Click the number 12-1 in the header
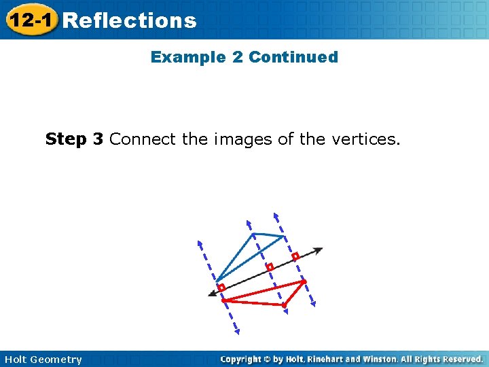(31, 20)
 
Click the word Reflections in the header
(129, 20)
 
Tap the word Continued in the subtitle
(293, 57)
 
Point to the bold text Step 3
(75, 139)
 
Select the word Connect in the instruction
(142, 139)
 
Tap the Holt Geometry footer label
(43, 359)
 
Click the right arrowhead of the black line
(319, 249)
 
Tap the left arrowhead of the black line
(212, 294)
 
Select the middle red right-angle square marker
(270, 267)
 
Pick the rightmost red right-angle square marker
(295, 257)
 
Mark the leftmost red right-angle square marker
(221, 287)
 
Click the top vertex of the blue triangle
(253, 234)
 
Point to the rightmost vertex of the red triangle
(304, 281)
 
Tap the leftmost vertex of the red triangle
(223, 300)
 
